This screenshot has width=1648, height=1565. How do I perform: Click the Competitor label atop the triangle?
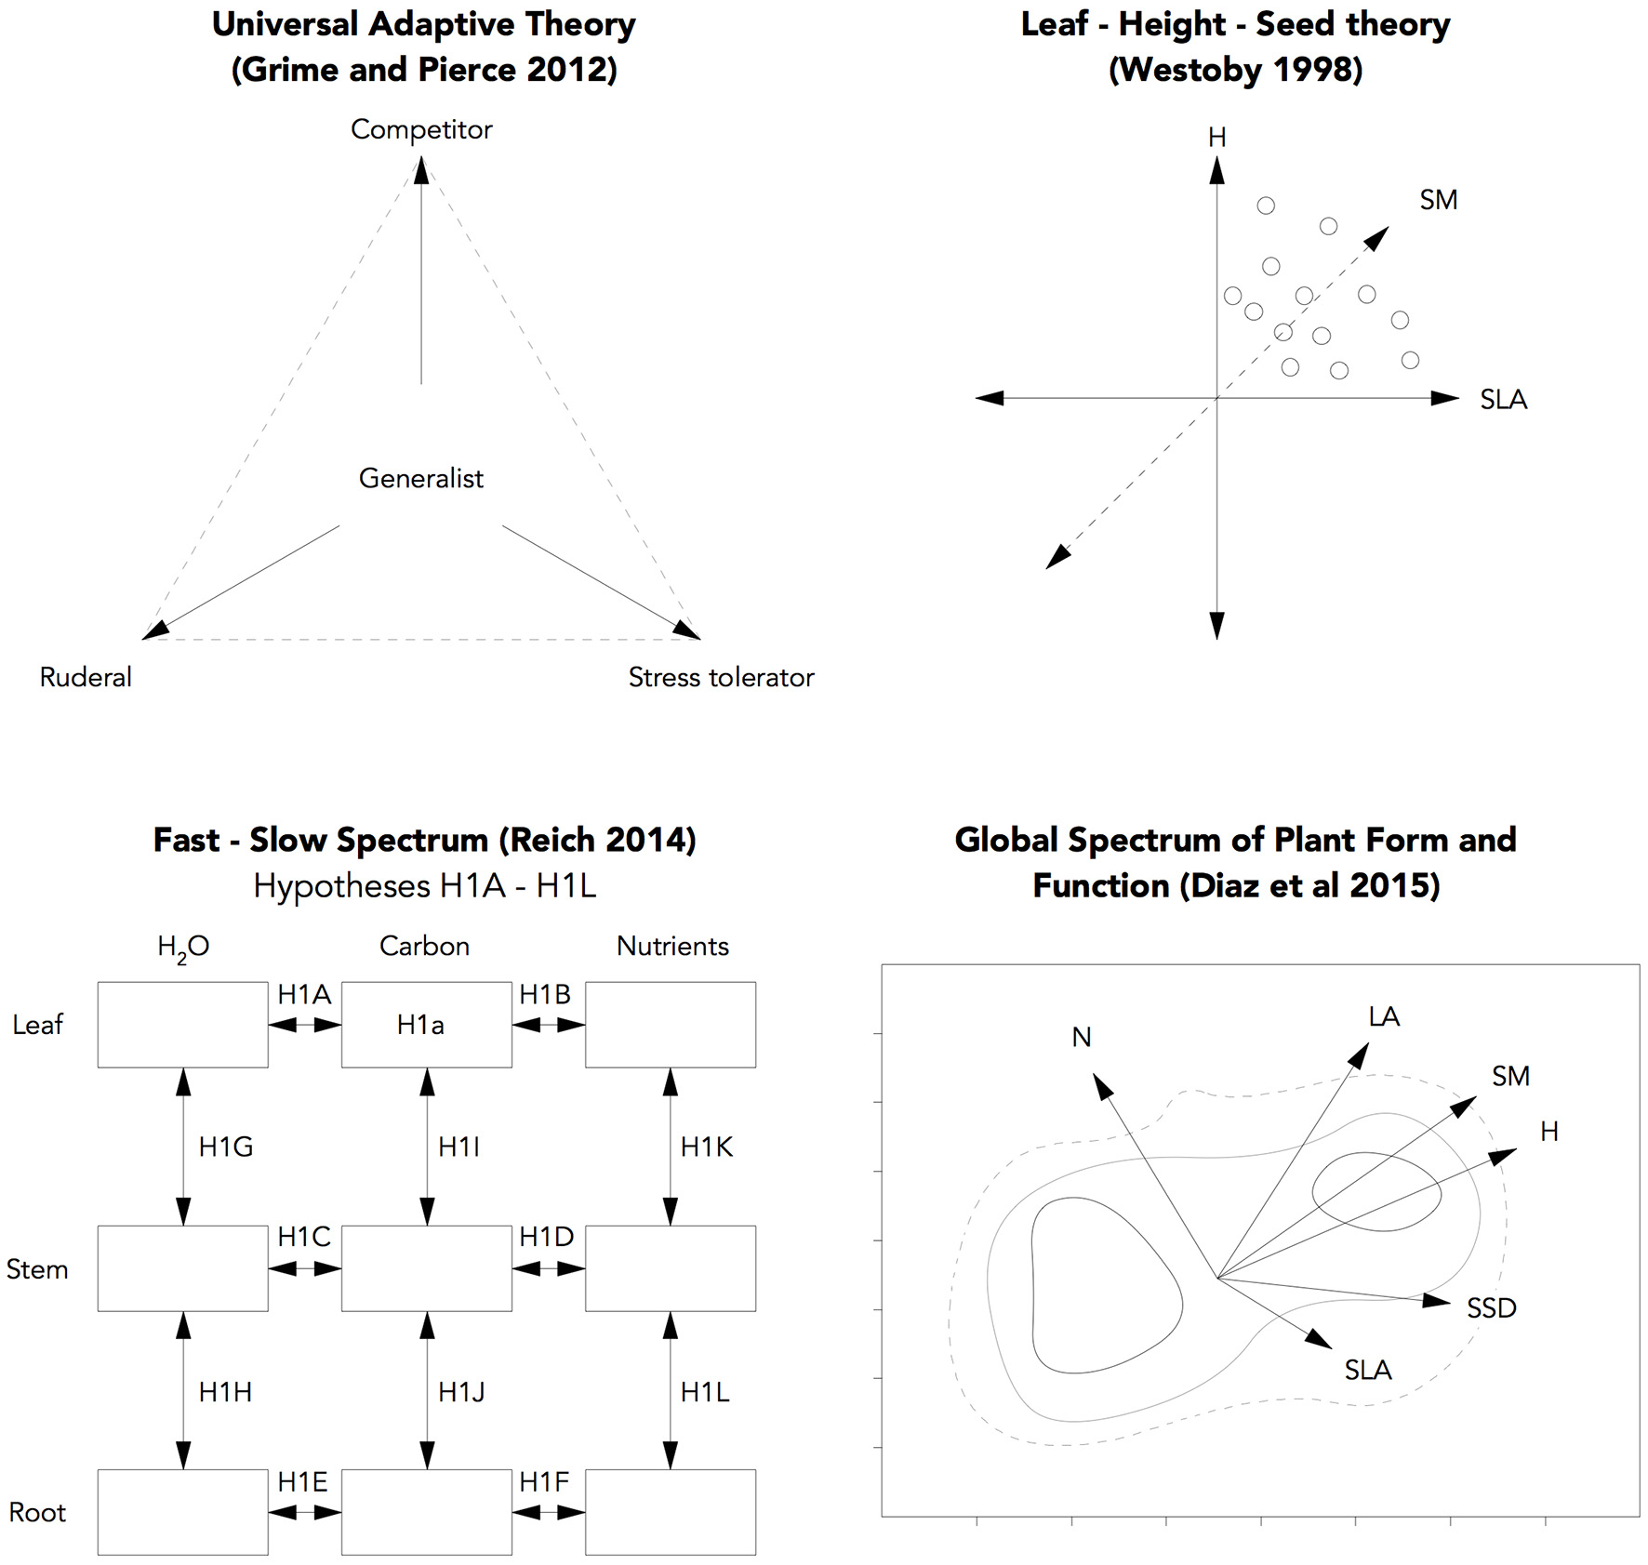[421, 129]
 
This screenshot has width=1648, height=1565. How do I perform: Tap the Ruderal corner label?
[86, 677]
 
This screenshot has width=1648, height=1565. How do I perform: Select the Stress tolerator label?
[721, 677]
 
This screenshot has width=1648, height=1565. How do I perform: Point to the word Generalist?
[421, 478]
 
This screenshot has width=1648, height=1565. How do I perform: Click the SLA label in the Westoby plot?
[1503, 400]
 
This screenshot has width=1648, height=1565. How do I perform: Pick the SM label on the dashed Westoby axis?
[1438, 200]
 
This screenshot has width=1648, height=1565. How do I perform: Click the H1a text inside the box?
[420, 1025]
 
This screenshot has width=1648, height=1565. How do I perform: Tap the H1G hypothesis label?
[226, 1147]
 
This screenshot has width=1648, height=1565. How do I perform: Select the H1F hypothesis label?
[544, 1482]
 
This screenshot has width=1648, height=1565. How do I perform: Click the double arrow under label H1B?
[549, 1026]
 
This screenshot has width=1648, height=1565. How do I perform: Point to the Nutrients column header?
[672, 947]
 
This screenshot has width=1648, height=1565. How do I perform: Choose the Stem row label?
[37, 1269]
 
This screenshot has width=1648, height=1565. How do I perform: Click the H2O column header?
[183, 948]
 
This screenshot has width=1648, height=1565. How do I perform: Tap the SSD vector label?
[1491, 1308]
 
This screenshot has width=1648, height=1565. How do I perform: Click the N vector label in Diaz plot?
[1081, 1037]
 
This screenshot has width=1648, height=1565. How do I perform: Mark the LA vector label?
[1384, 1016]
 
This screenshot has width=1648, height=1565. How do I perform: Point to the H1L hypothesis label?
[705, 1392]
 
